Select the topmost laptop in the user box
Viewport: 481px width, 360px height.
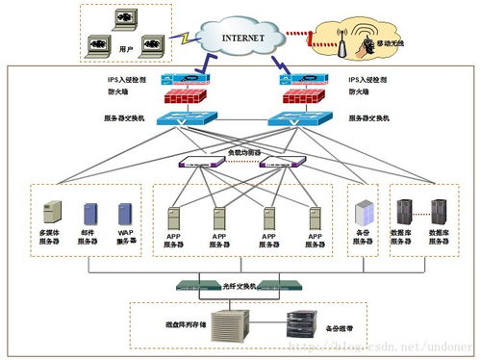(x=122, y=18)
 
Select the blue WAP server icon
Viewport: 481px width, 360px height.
(x=124, y=214)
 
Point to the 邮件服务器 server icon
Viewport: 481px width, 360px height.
(x=89, y=214)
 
